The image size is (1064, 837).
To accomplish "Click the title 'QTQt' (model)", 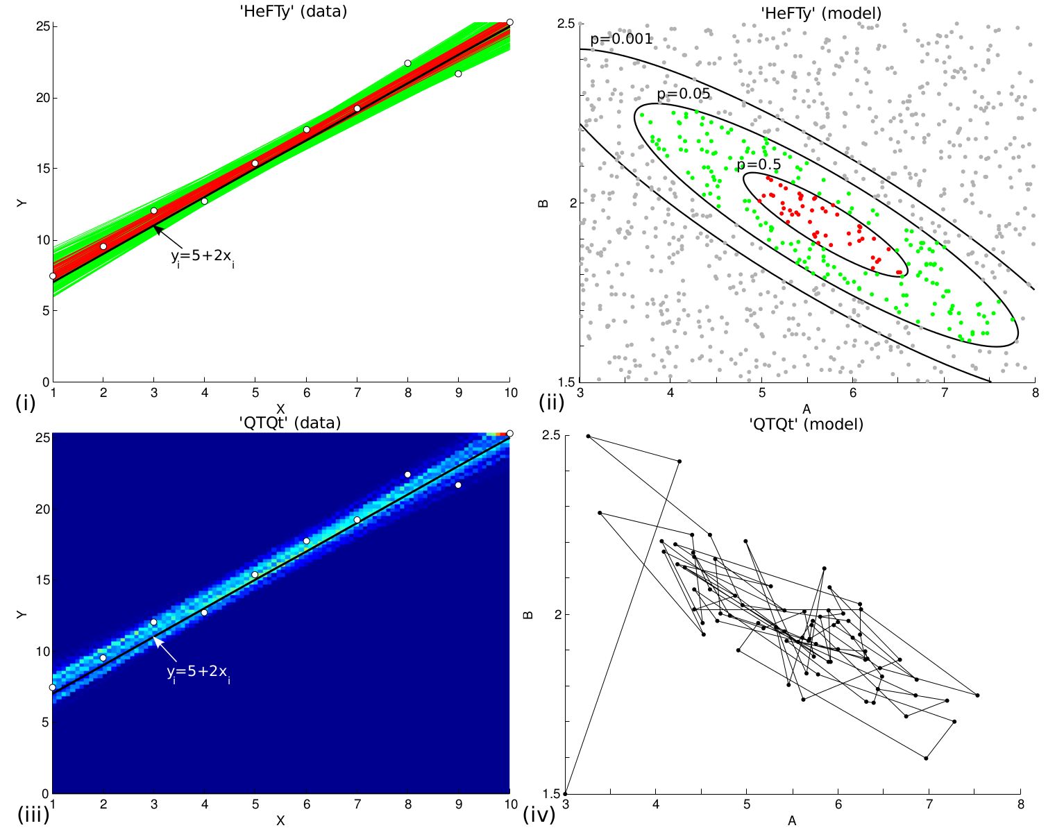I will (806, 424).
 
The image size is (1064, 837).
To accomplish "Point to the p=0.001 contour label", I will (621, 40).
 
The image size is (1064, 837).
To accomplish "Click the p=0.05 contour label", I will (684, 94).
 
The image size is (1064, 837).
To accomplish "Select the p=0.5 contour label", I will (759, 165).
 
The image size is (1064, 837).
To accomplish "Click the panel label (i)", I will (24, 402).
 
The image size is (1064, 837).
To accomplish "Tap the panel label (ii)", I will (551, 402).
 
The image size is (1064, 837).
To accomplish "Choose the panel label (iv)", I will (539, 813).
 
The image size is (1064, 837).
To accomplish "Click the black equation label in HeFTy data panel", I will (202, 257).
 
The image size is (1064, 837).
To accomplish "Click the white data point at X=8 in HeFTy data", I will (407, 63).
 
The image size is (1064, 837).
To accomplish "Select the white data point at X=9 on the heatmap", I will (458, 485).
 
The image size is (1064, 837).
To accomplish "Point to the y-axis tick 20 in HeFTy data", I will (43, 98).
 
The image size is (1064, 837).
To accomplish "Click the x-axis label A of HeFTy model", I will (807, 409).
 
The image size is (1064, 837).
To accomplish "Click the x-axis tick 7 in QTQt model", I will (929, 805).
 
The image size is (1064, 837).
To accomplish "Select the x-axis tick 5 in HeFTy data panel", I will (255, 394).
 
